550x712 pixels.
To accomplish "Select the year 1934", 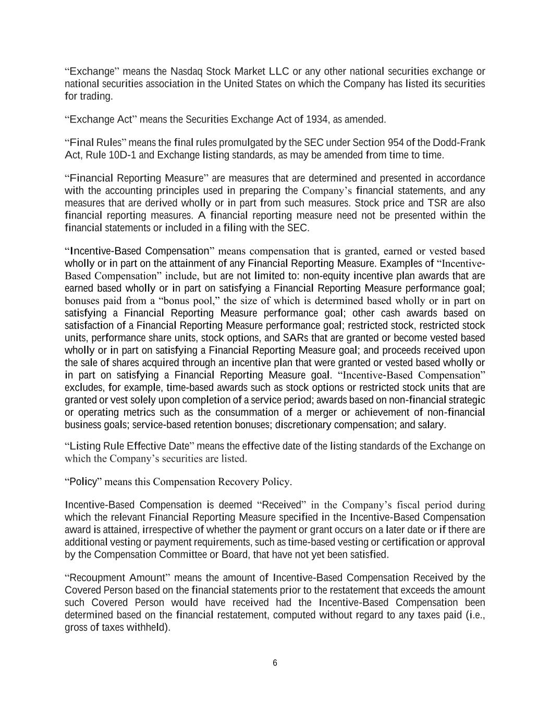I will [317, 119].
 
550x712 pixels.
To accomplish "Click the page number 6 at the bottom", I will [275, 663].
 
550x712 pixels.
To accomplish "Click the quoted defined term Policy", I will [83, 482].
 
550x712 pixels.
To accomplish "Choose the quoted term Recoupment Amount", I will [117, 578].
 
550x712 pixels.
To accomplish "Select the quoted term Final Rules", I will [95, 143].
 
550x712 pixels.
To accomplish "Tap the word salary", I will [431, 425].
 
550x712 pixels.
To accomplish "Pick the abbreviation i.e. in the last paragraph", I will [476, 615].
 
